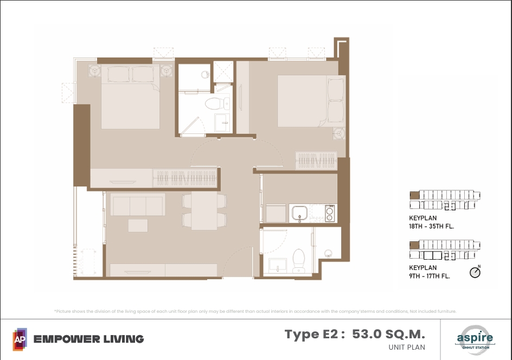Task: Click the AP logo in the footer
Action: pos(20,339)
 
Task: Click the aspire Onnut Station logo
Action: pos(476,338)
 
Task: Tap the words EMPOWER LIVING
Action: pos(88,339)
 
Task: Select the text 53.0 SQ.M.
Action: pos(388,334)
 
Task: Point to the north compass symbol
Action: pos(475,272)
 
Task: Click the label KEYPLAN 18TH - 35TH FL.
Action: pos(431,222)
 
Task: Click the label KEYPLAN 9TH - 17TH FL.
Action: pos(430,272)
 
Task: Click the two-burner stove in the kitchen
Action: pos(329,213)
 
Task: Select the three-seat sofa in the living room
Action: pos(138,204)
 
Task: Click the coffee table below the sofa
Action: pos(138,226)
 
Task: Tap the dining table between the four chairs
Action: pos(204,210)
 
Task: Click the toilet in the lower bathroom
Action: pos(299,261)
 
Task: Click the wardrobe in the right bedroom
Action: pos(316,160)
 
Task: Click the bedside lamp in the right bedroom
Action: pos(340,133)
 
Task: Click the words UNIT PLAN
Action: pos(407,348)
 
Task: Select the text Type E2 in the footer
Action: pos(311,335)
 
